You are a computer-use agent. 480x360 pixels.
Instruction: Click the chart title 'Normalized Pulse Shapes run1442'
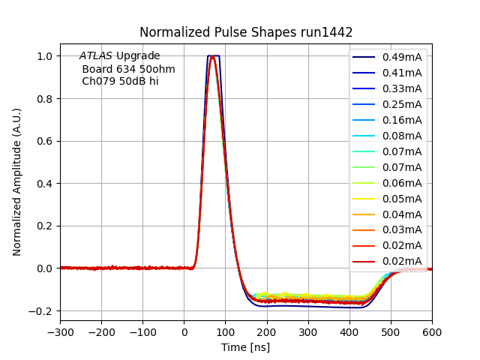coord(246,32)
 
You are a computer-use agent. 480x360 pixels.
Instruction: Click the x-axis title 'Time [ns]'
coord(245,347)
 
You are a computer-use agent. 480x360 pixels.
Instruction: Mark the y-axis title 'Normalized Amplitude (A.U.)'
coord(16,181)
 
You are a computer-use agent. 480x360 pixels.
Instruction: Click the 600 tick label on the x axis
coord(431,332)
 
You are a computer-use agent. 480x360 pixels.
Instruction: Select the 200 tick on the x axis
coord(266,332)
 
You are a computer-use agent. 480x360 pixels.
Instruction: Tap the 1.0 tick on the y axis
coord(46,56)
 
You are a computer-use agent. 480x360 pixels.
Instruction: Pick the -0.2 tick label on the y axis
coord(42,310)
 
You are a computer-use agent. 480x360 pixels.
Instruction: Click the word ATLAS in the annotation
coord(96,56)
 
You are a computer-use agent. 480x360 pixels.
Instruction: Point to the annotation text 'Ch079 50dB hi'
coord(120,81)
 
